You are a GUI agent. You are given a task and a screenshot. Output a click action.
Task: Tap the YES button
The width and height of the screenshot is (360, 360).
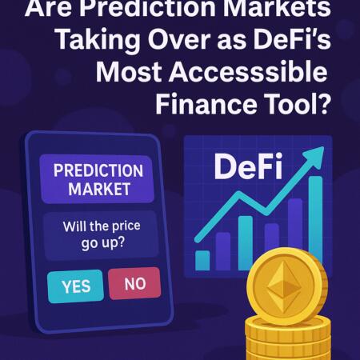[x=76, y=286]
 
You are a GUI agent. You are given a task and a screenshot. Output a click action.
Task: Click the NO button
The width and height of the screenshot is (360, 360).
[x=134, y=283]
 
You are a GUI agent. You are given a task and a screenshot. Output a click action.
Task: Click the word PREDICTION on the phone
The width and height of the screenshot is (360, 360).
[x=98, y=171]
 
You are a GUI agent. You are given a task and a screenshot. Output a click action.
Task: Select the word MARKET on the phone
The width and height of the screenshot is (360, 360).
[x=98, y=190]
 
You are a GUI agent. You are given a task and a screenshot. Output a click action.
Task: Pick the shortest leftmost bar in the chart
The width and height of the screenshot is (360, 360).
[x=203, y=260]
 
